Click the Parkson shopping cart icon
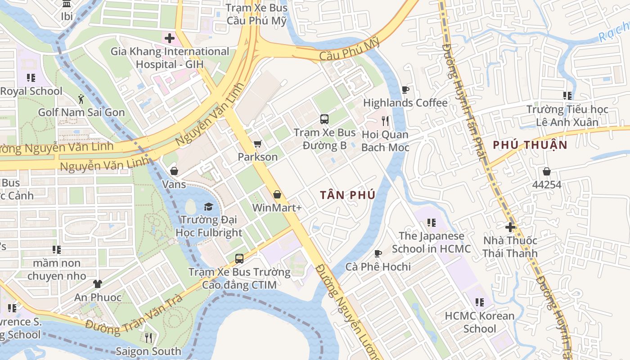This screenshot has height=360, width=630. (x=257, y=144)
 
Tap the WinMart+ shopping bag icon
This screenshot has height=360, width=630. (x=277, y=194)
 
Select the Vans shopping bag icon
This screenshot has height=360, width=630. (x=174, y=171)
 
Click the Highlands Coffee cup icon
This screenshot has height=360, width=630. (x=405, y=90)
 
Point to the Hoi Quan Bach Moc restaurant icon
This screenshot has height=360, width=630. (x=385, y=121)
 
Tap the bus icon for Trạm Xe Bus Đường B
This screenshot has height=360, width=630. (x=324, y=119)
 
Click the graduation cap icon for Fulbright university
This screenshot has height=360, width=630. (x=208, y=207)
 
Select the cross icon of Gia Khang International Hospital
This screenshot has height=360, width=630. (x=169, y=38)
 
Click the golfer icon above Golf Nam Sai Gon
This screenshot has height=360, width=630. (x=81, y=99)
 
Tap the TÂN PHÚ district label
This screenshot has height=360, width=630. (x=347, y=195)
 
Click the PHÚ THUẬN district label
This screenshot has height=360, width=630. (x=530, y=145)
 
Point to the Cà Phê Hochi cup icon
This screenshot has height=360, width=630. (x=378, y=253)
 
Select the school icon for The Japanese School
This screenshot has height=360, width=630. (x=431, y=223)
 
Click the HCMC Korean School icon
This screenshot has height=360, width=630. (x=480, y=302)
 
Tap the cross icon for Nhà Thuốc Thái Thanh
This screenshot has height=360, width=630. (x=510, y=227)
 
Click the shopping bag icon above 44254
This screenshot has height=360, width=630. (x=547, y=171)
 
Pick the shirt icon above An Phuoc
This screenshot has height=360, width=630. (x=98, y=284)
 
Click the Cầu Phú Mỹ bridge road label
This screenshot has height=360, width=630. (x=350, y=50)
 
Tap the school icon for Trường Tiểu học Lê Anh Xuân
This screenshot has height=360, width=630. (x=567, y=95)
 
